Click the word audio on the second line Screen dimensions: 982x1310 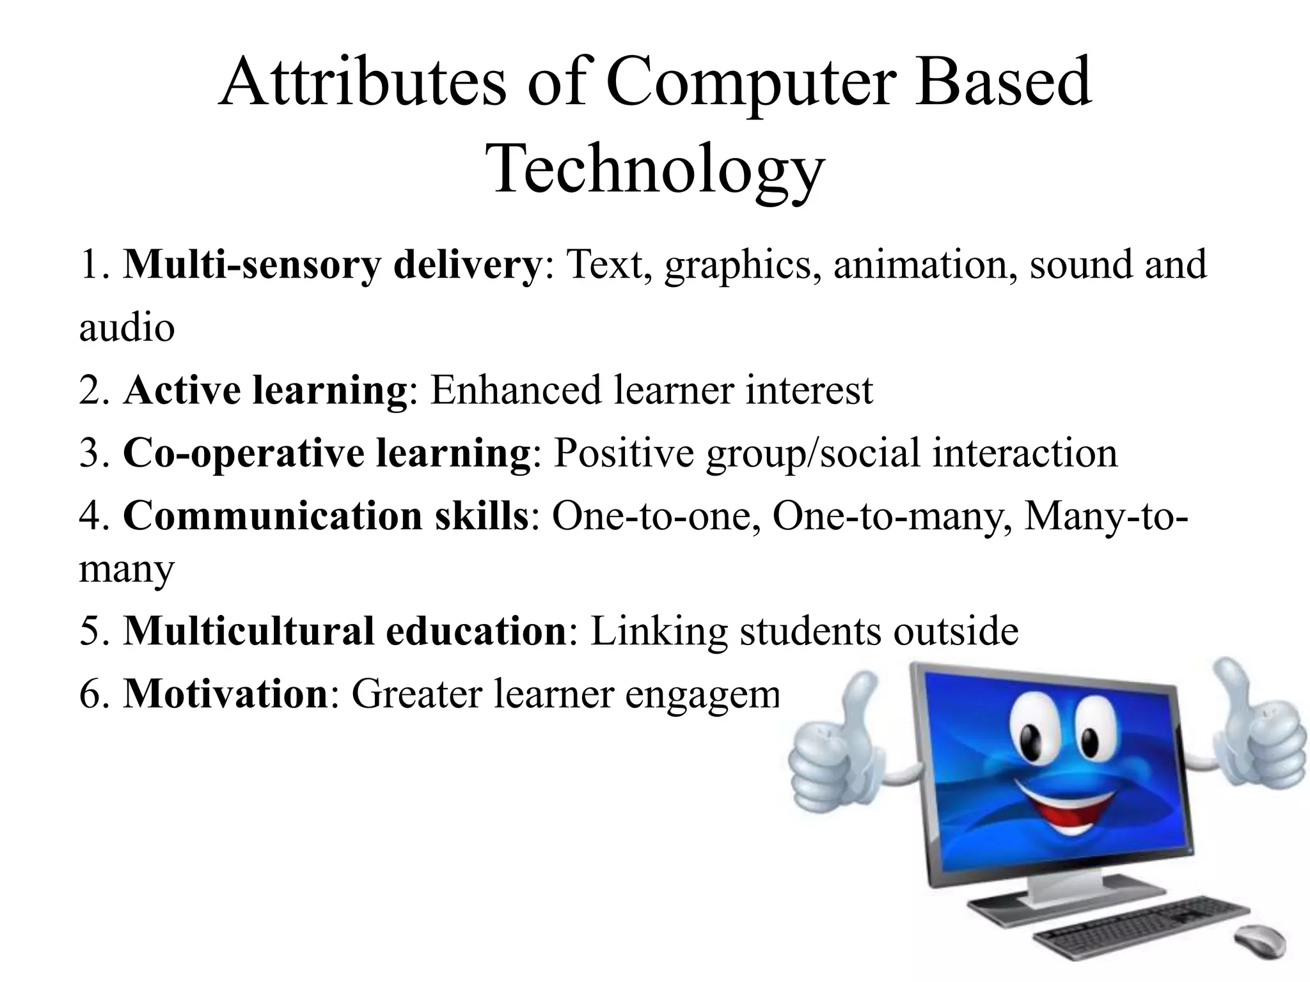tap(127, 327)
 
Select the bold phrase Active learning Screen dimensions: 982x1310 tap(265, 390)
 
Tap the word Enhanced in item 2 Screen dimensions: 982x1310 tap(516, 390)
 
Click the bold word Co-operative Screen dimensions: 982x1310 tap(243, 453)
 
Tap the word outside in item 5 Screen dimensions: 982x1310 tap(956, 631)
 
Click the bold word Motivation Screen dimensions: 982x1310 tap(225, 694)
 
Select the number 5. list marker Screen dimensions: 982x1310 tap(96, 631)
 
